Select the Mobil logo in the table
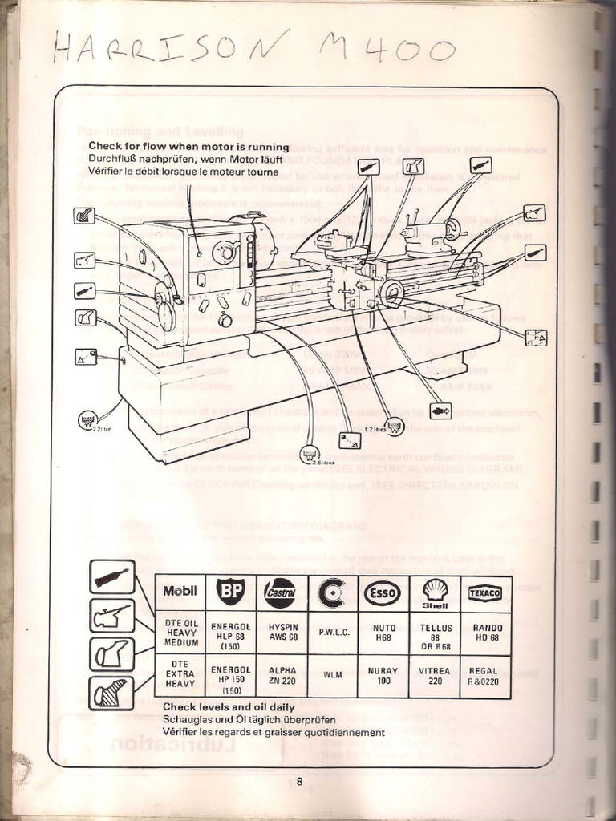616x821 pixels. pos(180,592)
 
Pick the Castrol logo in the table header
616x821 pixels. pos(282,593)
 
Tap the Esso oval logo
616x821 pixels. pos(383,592)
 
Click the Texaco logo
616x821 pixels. pos(485,592)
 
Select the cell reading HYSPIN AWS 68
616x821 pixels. pos(282,632)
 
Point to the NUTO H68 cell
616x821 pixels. pos(383,632)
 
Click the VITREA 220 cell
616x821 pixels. pos(435,676)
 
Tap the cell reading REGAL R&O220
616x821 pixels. pos(485,676)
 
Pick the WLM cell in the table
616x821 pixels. pos(333,675)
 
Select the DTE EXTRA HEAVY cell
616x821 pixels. pos(180,675)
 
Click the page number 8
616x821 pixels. pos(299,784)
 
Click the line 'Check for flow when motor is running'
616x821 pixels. pos(188,147)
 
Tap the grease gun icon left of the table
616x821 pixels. pos(111,576)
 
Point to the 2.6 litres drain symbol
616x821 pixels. pos(310,455)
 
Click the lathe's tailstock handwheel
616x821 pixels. pos(453,229)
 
